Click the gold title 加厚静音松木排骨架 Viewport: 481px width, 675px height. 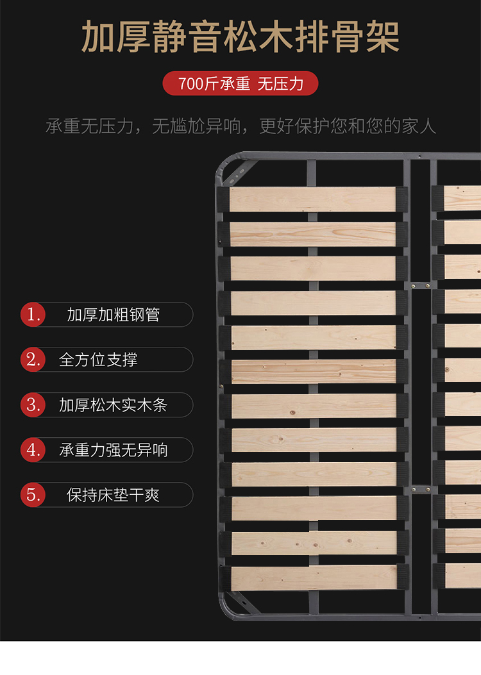pyautogui.click(x=240, y=37)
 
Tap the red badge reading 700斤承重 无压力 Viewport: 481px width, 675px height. pyautogui.click(x=240, y=83)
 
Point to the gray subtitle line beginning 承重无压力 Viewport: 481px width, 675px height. pyautogui.click(x=240, y=126)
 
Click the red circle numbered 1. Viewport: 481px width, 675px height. pyautogui.click(x=33, y=315)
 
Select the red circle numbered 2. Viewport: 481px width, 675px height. pyautogui.click(x=33, y=360)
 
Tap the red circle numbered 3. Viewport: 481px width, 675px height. pyautogui.click(x=33, y=404)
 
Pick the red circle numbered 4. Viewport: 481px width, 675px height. pyautogui.click(x=33, y=450)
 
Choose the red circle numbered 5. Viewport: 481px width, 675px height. pyautogui.click(x=33, y=495)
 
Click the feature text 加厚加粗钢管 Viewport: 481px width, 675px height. pyautogui.click(x=114, y=315)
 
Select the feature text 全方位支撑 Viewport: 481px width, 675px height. pyautogui.click(x=98, y=360)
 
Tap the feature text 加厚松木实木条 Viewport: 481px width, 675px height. pyautogui.click(x=113, y=405)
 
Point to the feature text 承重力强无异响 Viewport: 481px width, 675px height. pyautogui.click(x=114, y=450)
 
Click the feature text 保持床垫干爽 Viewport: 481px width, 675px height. pyautogui.click(x=114, y=495)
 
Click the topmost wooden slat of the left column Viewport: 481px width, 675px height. pyautogui.click(x=312, y=199)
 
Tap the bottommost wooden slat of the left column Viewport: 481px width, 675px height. pyautogui.click(x=314, y=578)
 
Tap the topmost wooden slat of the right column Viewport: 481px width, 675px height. pyautogui.click(x=462, y=198)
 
